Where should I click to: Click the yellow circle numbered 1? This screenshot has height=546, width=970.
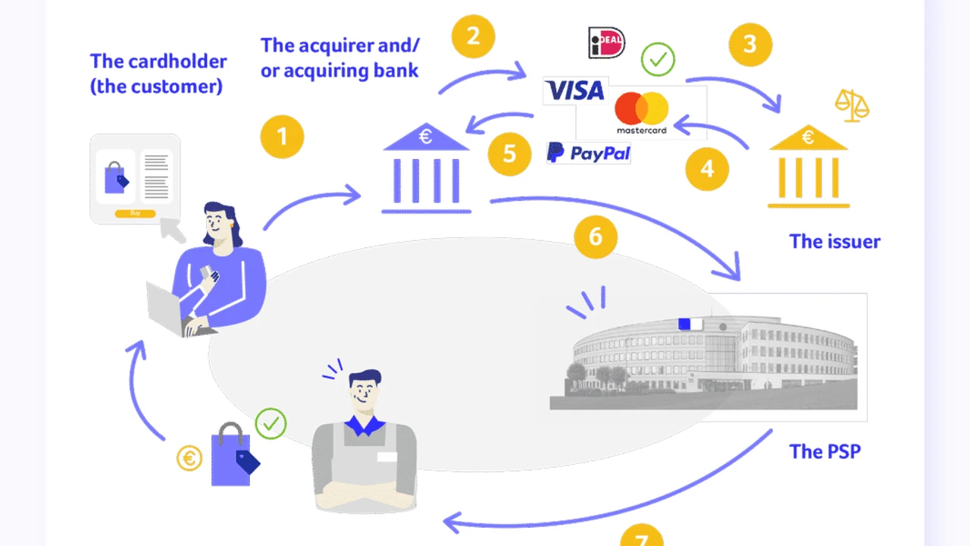(x=282, y=137)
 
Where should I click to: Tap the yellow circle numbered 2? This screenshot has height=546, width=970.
(x=474, y=36)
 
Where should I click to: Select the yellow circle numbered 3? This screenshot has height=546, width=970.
(x=750, y=44)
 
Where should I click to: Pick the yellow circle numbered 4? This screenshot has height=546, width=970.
(x=707, y=168)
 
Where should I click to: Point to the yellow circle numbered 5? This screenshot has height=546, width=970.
(x=509, y=154)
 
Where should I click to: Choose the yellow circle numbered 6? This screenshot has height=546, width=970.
(x=596, y=237)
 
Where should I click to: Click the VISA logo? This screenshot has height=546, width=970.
(x=575, y=91)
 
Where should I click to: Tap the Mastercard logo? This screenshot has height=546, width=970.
(x=641, y=112)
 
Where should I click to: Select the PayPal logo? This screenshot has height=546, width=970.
(x=589, y=153)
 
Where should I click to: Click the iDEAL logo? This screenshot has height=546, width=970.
(x=606, y=42)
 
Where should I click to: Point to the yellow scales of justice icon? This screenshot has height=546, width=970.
(x=852, y=105)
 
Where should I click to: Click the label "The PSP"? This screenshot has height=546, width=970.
(x=824, y=452)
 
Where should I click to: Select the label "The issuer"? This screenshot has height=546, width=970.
(x=834, y=242)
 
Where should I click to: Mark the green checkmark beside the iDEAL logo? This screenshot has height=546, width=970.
(x=657, y=59)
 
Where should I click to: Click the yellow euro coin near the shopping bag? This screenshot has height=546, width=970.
(x=189, y=458)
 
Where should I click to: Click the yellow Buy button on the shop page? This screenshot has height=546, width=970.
(x=135, y=214)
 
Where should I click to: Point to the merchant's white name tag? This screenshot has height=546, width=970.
(x=386, y=457)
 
